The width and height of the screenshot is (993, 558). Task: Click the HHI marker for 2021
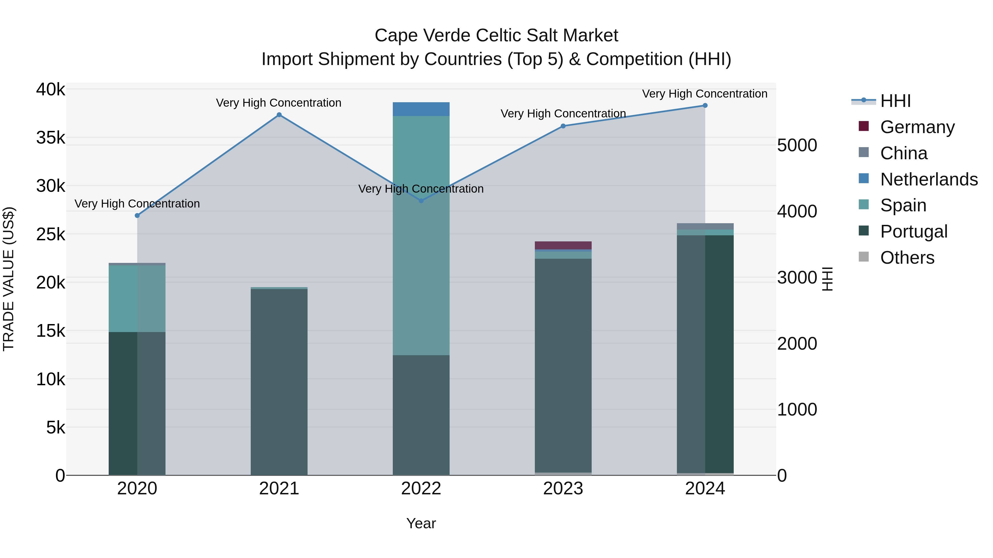coord(279,115)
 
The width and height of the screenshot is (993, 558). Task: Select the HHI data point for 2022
coord(421,201)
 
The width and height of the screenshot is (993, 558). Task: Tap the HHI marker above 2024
coord(705,106)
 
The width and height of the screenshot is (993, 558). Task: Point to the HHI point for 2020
coord(137,216)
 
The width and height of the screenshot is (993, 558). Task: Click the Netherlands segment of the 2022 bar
coord(421,109)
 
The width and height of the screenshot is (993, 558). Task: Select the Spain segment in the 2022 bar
coord(421,235)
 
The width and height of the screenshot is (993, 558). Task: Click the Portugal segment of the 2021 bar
coord(279,381)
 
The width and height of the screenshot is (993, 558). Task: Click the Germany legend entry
coord(917,127)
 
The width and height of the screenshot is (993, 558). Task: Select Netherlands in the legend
coord(929,179)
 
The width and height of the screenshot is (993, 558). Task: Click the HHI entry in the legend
coord(895,101)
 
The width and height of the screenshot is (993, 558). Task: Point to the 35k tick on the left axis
coord(50,138)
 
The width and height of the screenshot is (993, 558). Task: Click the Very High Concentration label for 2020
coord(137,203)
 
